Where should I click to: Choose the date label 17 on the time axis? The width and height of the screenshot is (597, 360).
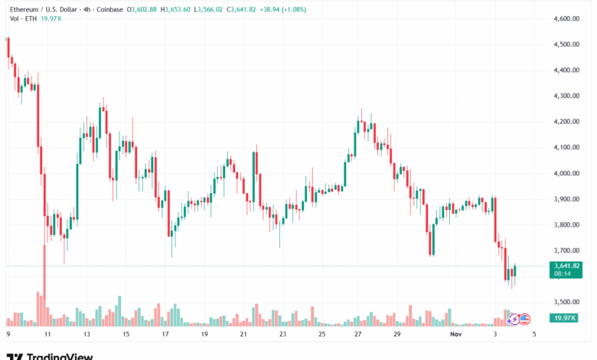pyautogui.click(x=165, y=335)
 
